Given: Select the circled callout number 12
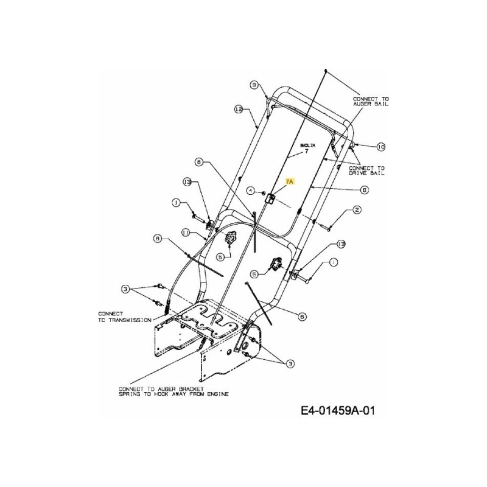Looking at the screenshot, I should [x=239, y=109].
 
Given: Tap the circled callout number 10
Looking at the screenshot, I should [x=381, y=146].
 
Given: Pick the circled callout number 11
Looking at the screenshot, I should [x=185, y=232].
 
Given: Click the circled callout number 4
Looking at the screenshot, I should [x=250, y=191].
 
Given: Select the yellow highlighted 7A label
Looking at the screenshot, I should [x=289, y=181].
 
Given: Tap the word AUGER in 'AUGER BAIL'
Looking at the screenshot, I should [x=365, y=104].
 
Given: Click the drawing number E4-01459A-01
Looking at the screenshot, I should [x=336, y=412].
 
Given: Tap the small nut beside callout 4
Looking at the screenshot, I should [x=262, y=192].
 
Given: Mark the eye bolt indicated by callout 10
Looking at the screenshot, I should [x=353, y=144].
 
